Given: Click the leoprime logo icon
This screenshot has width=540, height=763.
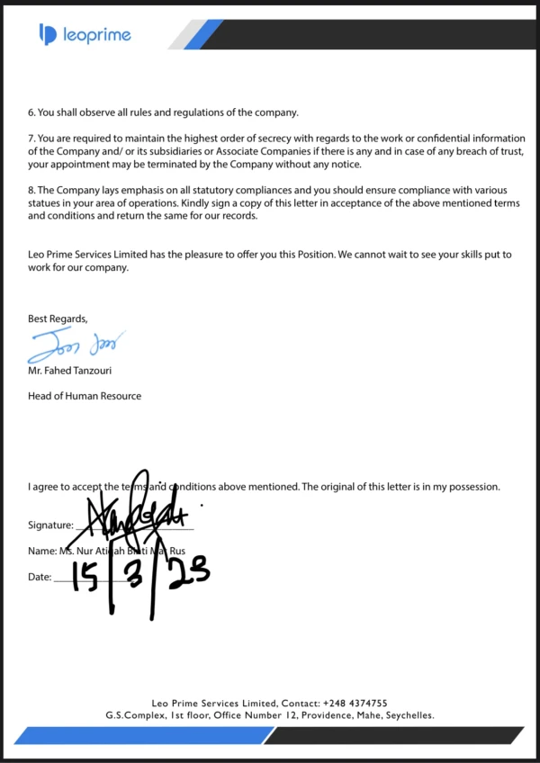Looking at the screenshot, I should click(48, 34).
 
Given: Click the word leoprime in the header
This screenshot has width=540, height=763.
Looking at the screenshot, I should click(96, 35).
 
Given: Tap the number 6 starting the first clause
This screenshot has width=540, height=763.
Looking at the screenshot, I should click(31, 112).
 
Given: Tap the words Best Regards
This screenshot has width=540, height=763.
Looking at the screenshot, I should click(58, 319).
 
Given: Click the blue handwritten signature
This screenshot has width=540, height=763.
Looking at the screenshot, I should click(76, 344).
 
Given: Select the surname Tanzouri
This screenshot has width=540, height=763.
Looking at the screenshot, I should click(93, 370).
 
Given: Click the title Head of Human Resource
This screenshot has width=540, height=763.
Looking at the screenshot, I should click(85, 396).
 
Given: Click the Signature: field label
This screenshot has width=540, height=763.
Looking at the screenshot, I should click(50, 525).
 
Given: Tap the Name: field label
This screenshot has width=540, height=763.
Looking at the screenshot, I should click(41, 551).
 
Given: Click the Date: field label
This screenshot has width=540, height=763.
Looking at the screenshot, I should click(40, 577).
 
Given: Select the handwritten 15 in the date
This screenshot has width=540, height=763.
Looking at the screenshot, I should click(85, 579).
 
